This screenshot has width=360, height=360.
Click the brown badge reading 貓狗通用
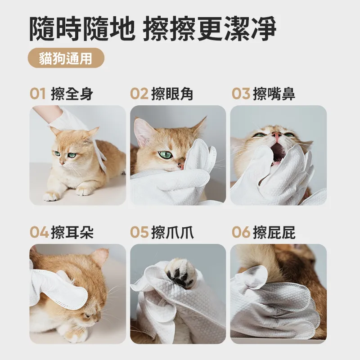[x=66, y=58]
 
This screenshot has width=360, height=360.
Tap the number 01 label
[x=38, y=94]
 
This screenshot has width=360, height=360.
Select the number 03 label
[x=241, y=94]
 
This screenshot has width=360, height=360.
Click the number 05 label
[x=139, y=233]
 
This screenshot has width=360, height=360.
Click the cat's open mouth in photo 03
[x=278, y=151]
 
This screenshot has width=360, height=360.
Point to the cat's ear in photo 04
[x=100, y=256]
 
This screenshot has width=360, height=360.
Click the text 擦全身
[x=73, y=94]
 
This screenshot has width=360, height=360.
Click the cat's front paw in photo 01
[x=51, y=197]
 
